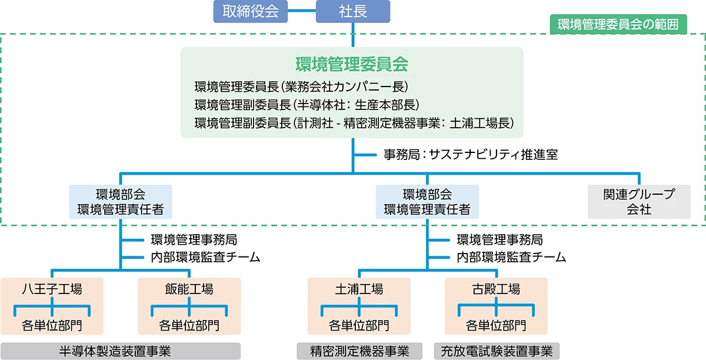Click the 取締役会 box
pos(251,11)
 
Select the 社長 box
pos(352,11)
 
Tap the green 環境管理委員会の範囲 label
pos(618,24)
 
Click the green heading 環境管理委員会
pos(352,64)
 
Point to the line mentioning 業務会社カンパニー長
pos(301,87)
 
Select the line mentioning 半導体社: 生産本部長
pos(306,105)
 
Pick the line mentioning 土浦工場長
pos(355,124)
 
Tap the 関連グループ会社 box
pos(638,202)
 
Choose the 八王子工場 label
pos(52,289)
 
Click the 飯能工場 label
pos(189,289)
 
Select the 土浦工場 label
pos(359,289)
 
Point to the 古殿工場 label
pos(496,289)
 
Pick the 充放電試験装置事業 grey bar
pos(497,351)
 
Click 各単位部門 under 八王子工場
pos(52,325)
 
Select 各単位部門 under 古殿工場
pos(496,325)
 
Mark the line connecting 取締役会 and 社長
pos(302,11)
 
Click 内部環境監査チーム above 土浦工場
pos(511,257)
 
